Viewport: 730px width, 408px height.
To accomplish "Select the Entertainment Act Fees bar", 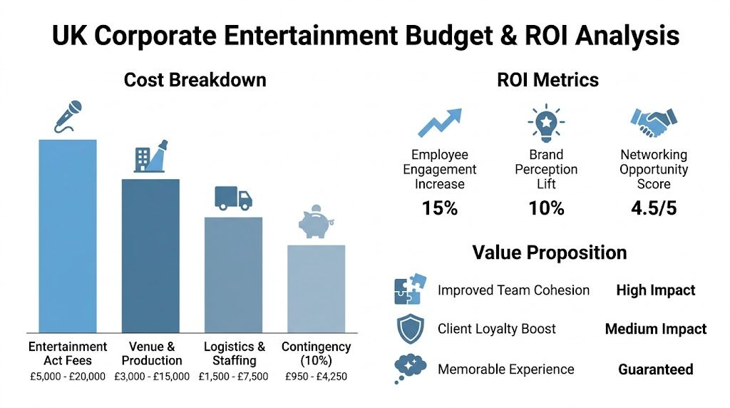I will tap(68, 235).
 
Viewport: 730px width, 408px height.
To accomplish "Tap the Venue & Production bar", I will tap(150, 255).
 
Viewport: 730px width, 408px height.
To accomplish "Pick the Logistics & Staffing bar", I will tap(233, 275).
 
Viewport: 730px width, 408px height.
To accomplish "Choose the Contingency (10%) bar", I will tap(316, 288).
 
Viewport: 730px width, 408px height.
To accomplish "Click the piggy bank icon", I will tap(315, 223).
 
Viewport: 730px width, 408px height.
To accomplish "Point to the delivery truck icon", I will tap(233, 198).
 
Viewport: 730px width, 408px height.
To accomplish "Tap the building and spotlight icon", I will tap(150, 156).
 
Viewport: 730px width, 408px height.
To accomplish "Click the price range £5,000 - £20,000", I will tap(67, 376).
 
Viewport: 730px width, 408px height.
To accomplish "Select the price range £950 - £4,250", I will tap(316, 376).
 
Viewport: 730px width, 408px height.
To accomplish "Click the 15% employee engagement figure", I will tap(439, 208).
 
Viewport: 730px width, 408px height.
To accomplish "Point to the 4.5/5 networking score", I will tap(653, 208).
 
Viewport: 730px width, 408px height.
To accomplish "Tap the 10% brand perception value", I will tap(546, 208).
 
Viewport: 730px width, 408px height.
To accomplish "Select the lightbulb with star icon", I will tap(546, 123).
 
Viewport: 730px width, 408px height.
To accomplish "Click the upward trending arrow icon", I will tap(439, 123).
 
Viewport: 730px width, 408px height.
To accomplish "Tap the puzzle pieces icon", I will tap(410, 290).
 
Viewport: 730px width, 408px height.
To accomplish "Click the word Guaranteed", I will tap(655, 369).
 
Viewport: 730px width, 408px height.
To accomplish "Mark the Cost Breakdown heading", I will tap(195, 80).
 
